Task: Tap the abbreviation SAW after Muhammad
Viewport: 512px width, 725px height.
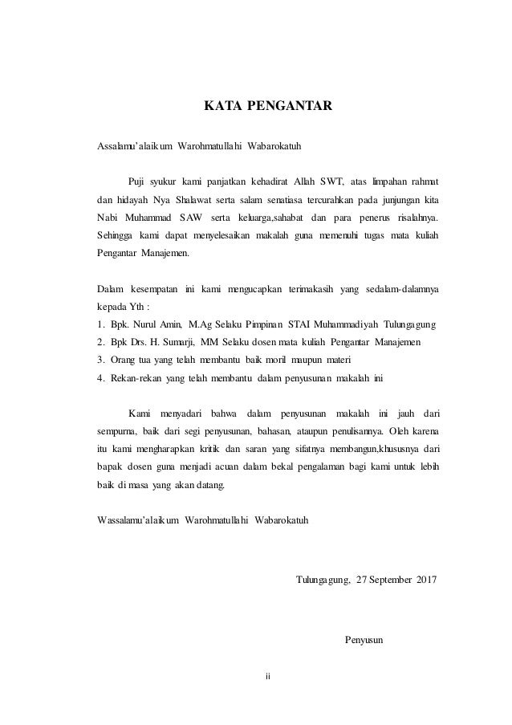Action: point(191,217)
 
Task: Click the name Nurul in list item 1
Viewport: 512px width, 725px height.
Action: point(147,324)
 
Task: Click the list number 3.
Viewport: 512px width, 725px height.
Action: point(100,360)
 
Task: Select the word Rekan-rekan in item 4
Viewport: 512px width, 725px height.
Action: point(138,377)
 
